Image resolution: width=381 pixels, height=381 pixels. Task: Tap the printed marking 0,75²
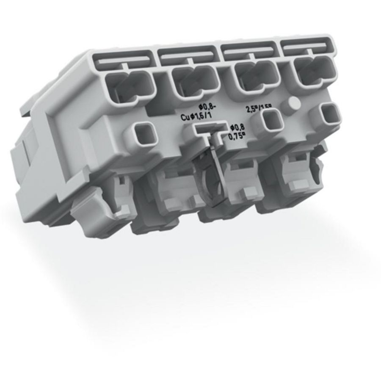[x=237, y=136]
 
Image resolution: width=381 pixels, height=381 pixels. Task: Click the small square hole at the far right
[x=330, y=113]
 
